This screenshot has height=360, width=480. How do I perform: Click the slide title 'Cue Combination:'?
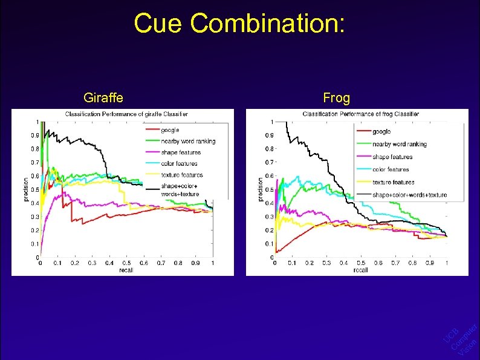pos(239,24)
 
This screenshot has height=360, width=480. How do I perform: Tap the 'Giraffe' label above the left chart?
pos(104,97)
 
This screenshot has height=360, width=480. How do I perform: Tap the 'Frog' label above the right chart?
pos(337,97)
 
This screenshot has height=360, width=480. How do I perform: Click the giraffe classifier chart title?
pos(126,114)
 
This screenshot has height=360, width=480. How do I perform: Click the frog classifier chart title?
pos(360,114)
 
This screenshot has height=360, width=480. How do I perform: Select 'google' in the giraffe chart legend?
pos(170,130)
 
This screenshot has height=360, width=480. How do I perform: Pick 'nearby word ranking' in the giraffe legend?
pos(188,141)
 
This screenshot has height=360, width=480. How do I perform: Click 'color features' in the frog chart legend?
pos(391,169)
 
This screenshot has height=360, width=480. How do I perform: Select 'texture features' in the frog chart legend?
pos(393,182)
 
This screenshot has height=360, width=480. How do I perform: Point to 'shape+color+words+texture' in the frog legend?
pos(409,195)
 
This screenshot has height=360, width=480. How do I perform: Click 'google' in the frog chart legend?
pos(381,131)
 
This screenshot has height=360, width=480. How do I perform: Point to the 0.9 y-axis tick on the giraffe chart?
pos(36,135)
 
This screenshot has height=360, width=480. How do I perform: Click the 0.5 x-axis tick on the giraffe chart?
pos(126,263)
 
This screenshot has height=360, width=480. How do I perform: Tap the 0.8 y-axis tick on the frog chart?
pos(268,149)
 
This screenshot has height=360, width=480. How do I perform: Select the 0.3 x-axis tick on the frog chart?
pos(326,263)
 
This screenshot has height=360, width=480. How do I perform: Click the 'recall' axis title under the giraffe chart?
pos(126,270)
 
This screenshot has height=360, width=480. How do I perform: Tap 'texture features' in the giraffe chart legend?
pos(182,175)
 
